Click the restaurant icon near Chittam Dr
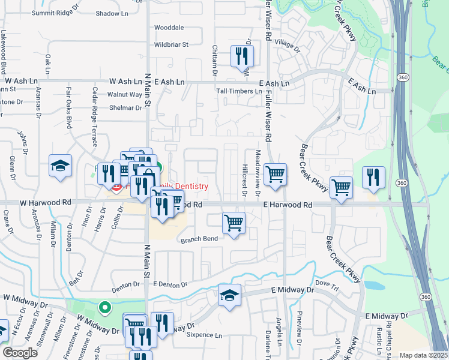pyautogui.click(x=242, y=56)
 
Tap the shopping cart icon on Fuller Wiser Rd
pyautogui.click(x=275, y=175)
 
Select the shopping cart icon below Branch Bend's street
pyautogui.click(x=234, y=223)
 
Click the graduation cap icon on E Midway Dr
pyautogui.click(x=229, y=295)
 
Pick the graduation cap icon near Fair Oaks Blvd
pyautogui.click(x=61, y=166)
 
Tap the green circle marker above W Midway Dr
pyautogui.click(x=105, y=309)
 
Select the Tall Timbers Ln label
pyautogui.click(x=239, y=91)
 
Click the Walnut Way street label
pyautogui.click(x=124, y=94)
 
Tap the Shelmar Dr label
pyautogui.click(x=125, y=108)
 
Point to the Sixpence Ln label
pyautogui.click(x=204, y=335)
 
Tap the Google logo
pyautogui.click(x=20, y=353)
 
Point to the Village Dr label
pyautogui.click(x=287, y=46)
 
